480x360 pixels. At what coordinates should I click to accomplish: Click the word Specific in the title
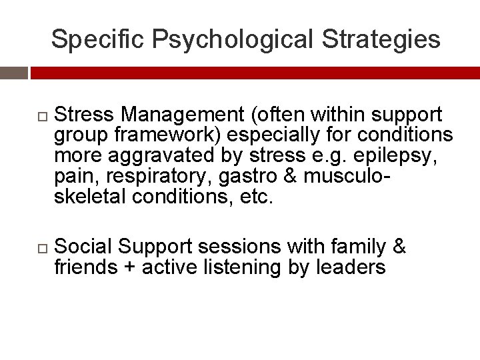point(98,39)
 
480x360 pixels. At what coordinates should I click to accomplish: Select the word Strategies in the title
point(381,39)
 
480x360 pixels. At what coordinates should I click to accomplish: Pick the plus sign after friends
point(127,267)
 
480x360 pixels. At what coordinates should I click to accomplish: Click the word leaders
point(355,267)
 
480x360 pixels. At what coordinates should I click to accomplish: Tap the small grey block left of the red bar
point(13,73)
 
